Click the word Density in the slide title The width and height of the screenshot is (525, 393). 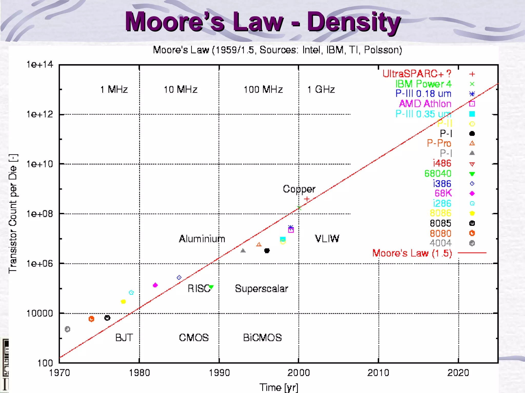click(354, 23)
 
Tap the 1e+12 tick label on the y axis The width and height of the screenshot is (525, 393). click(40, 114)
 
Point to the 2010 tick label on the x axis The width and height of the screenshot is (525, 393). click(378, 373)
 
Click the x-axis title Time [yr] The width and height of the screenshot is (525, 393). click(279, 387)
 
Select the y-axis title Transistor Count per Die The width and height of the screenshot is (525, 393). click(13, 214)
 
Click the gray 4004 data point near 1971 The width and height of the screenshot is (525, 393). click(67, 329)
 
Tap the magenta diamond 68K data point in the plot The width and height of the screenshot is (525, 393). click(155, 285)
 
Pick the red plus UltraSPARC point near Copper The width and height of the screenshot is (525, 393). click(307, 199)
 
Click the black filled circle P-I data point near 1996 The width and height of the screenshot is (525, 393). click(267, 250)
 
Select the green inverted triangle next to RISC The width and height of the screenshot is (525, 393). click(211, 287)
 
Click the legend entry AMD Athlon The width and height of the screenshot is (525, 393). click(425, 104)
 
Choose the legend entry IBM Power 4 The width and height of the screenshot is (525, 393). click(423, 84)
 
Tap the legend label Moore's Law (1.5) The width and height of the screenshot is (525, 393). click(412, 253)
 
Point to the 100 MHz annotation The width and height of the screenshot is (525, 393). click(263, 90)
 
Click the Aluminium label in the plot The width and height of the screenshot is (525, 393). click(202, 239)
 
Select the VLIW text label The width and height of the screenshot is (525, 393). click(327, 239)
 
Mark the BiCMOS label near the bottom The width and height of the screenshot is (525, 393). click(262, 337)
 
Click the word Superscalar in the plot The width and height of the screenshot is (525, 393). click(261, 289)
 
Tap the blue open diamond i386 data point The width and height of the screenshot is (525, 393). click(179, 277)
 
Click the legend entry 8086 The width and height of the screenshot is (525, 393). click(440, 213)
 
